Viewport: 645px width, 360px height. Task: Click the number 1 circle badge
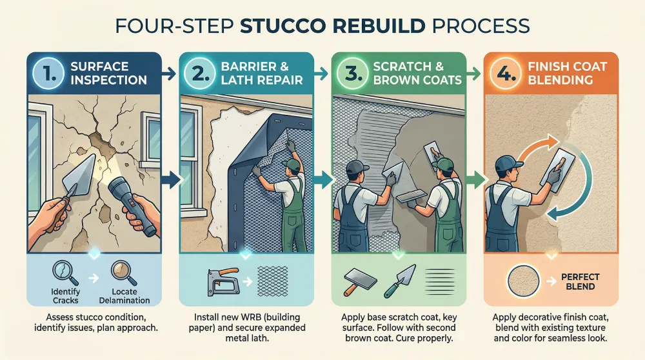point(48,74)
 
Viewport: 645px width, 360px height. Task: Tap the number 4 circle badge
point(506,74)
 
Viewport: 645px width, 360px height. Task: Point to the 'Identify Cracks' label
point(65,296)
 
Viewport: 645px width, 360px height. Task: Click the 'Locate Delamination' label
point(124,296)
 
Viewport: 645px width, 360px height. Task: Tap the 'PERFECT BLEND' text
point(580,281)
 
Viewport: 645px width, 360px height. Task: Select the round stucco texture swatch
point(523,281)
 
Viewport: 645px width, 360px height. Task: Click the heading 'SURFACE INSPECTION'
point(108,74)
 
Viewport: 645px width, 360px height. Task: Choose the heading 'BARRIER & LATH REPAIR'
point(262,74)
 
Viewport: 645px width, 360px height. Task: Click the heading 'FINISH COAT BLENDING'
point(567,74)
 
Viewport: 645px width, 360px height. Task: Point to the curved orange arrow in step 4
point(535,144)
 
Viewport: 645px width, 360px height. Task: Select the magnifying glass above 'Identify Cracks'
point(66,273)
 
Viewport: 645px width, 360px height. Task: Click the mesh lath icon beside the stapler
point(272,281)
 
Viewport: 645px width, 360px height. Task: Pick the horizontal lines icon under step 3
point(440,281)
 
